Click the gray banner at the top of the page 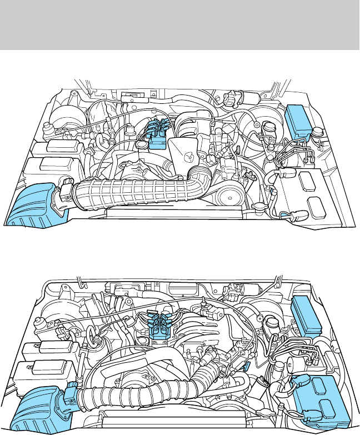tap(180, 24)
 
